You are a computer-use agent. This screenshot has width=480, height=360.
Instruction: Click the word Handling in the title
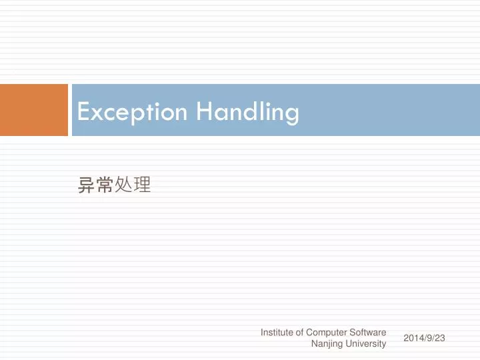(x=247, y=111)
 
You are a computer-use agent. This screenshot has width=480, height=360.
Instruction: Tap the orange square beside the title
(x=34, y=110)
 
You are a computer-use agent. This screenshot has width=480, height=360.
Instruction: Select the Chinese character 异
(x=87, y=185)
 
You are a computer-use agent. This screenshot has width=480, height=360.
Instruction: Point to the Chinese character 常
(x=105, y=185)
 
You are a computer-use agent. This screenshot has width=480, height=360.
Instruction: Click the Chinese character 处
(x=123, y=185)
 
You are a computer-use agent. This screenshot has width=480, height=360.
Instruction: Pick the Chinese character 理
(x=141, y=185)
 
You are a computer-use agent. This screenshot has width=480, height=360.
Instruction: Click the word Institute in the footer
(x=276, y=332)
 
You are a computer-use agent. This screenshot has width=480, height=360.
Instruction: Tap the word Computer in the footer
(x=327, y=332)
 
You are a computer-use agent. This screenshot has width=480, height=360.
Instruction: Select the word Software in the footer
(x=368, y=332)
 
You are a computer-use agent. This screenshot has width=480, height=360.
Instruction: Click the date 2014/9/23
(x=424, y=338)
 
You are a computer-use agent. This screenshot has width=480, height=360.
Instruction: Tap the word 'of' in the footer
(x=299, y=332)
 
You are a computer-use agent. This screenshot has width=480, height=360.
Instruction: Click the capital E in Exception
(x=83, y=111)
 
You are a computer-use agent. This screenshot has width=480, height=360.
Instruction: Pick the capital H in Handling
(x=204, y=111)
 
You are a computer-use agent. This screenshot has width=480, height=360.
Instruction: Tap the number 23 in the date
(x=439, y=338)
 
